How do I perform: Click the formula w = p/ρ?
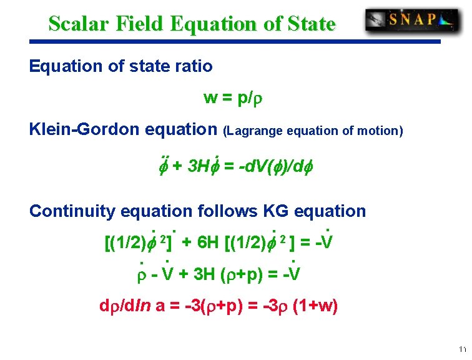coord(230,98)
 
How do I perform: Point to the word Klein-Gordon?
coord(84,129)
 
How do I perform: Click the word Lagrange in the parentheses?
coord(257,131)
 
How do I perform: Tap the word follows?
coord(224,211)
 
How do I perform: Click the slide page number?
coord(462,349)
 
